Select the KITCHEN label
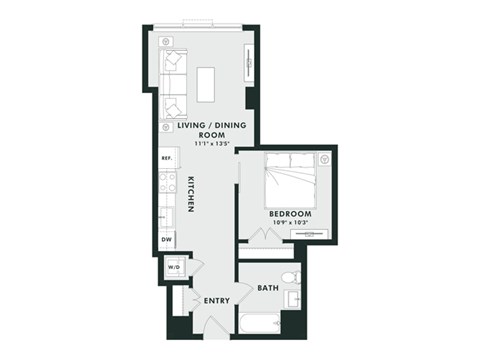tap(189, 194)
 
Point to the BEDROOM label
tap(290, 214)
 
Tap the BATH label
tap(268, 288)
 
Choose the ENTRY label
tap(217, 301)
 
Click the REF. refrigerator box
tap(166, 159)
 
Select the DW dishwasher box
tap(166, 240)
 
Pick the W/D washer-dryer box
tap(173, 267)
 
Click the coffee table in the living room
tap(207, 85)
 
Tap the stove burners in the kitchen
tap(167, 182)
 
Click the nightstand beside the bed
tap(323, 159)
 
